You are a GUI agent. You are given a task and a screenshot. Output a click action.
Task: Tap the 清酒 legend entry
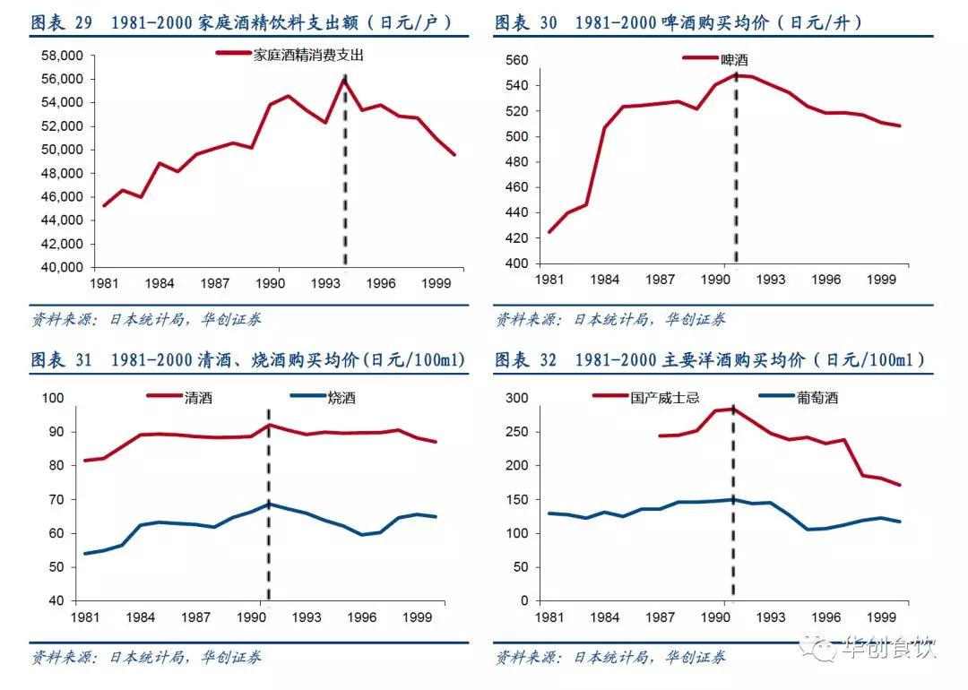click(198, 398)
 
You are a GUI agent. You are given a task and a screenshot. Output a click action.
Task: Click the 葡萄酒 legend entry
click(817, 398)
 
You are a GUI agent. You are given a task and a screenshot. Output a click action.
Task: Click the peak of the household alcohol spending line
click(345, 79)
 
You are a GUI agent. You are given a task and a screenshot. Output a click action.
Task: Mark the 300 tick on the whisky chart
click(520, 398)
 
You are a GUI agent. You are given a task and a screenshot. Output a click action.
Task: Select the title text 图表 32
click(526, 360)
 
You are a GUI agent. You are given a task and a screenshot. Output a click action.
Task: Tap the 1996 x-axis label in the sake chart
click(362, 617)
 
